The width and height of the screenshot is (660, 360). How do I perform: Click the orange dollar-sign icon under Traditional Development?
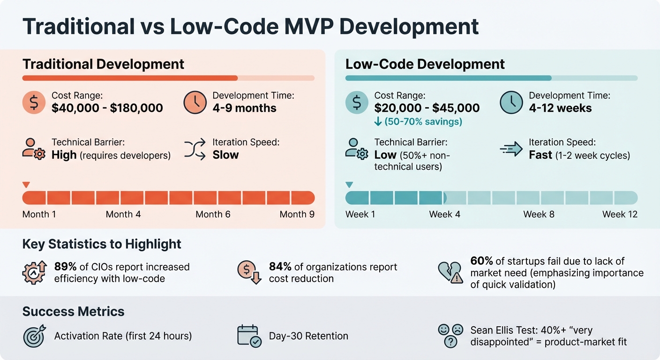34,103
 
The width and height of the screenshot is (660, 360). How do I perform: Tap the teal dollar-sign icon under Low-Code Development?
357,103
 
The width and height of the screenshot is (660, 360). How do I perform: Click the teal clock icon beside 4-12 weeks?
511,103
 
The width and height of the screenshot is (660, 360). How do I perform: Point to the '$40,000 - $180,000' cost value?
107,108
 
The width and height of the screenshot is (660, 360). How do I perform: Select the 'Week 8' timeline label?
539,214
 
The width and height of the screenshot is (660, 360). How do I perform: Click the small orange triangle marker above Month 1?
26,185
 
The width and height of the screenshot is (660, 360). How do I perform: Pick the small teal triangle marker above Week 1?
349,185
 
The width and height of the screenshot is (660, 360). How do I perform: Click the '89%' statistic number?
66,267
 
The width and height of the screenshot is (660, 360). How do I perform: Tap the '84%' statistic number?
280,267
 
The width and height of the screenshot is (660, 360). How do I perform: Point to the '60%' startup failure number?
481,261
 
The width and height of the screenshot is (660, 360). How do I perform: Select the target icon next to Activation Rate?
34,336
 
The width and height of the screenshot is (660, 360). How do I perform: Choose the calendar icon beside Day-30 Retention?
249,336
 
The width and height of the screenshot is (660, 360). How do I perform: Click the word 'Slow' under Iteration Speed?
225,155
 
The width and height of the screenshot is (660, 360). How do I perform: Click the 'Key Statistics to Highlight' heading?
102,244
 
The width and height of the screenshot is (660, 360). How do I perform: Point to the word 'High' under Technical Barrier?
64,155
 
